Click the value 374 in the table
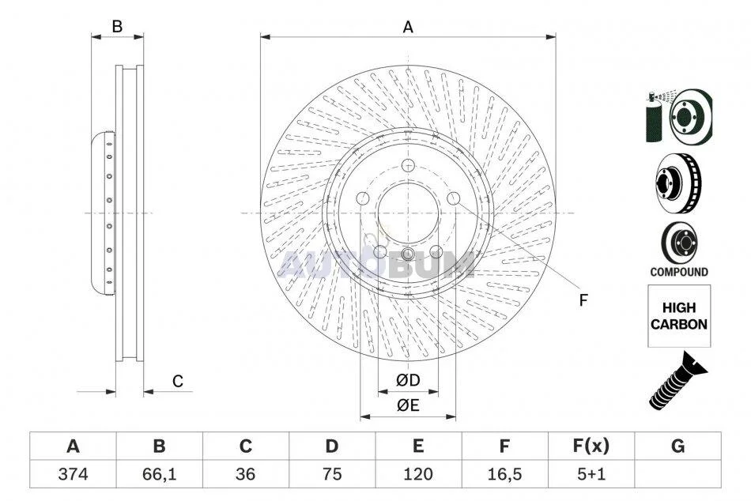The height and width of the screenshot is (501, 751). click(73, 474)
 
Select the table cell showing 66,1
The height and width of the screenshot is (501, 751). click(160, 474)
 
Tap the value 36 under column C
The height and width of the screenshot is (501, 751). click(245, 474)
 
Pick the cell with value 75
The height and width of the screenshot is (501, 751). click(331, 474)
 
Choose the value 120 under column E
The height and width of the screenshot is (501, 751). click(417, 474)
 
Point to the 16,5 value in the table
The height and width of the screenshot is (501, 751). click(504, 474)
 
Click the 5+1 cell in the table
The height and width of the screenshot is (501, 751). click(591, 474)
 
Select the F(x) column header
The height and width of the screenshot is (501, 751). click(591, 446)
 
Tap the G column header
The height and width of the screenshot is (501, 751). click(677, 446)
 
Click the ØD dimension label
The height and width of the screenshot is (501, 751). click(408, 380)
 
